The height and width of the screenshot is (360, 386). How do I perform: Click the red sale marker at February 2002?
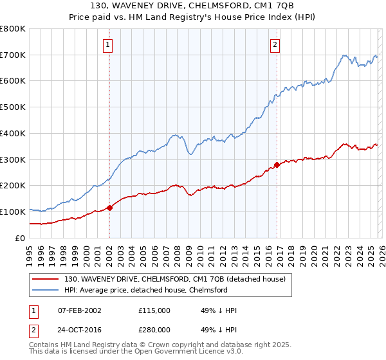click(109, 207)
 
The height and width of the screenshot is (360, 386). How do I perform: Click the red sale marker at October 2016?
click(277, 164)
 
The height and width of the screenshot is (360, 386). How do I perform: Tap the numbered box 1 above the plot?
click(107, 45)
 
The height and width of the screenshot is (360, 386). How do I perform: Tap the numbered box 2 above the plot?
click(275, 45)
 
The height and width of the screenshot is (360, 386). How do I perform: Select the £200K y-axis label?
click(13, 186)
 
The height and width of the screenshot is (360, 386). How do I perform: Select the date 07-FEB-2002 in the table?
click(78, 310)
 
